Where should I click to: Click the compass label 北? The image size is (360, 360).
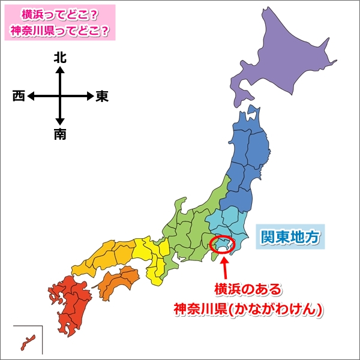click(x=60, y=58)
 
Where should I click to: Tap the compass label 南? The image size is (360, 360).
click(x=60, y=134)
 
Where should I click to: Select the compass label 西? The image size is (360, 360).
click(x=19, y=96)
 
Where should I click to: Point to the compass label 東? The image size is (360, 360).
click(x=102, y=96)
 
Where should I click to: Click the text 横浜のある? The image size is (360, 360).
click(x=248, y=290)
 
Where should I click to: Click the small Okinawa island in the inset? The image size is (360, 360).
click(x=28, y=341)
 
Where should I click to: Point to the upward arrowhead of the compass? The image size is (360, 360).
click(x=60, y=70)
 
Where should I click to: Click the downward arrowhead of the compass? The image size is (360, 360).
click(x=60, y=122)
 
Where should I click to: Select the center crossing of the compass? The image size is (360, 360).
click(x=60, y=96)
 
